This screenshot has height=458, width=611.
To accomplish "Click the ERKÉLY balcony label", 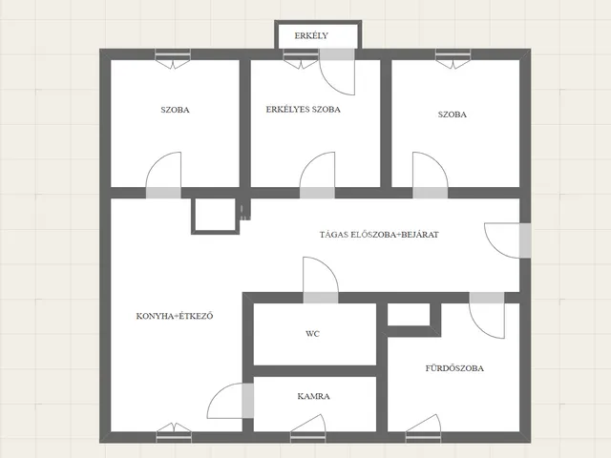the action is coord(311,36).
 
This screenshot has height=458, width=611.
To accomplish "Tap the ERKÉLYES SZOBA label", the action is coord(304,110).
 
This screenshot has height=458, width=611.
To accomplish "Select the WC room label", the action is coord(312,334).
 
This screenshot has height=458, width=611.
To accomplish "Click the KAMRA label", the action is coord(314,397).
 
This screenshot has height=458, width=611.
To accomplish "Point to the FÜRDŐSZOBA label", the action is coord(454,368).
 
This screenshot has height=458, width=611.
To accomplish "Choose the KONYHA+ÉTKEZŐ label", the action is coord(175,316).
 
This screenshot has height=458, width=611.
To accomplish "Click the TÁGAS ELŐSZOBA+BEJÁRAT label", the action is coord(379,235).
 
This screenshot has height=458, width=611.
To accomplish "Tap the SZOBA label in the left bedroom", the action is coord(175,110).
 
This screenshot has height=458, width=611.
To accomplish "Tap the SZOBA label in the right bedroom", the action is coord(452,114).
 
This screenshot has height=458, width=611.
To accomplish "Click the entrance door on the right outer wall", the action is coord(507,240).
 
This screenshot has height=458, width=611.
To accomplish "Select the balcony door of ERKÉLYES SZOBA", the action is coord(337,72).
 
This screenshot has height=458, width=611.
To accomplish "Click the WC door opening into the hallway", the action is coord(321,280).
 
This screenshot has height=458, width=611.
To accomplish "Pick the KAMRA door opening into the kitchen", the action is coord(230,401).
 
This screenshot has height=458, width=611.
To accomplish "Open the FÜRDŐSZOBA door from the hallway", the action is coord(487,315).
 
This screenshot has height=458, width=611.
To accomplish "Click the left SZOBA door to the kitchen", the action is coord(163,176).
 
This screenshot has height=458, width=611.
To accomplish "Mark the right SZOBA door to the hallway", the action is coord(431,176).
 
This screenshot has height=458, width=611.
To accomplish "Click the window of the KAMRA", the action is coord(307,428).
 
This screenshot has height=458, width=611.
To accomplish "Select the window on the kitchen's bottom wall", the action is coord(174,432).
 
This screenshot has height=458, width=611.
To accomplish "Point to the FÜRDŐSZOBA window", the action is coord(423,428).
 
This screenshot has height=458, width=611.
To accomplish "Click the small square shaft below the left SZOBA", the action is coord(215,217).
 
